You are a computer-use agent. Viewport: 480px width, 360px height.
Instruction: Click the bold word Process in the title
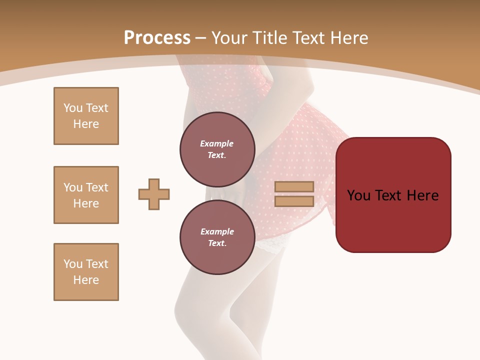click(157, 37)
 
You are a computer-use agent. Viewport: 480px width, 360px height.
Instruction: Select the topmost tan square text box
click(86, 116)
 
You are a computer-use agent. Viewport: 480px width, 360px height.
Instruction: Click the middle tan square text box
click(86, 195)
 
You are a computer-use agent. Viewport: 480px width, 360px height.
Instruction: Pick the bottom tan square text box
click(86, 272)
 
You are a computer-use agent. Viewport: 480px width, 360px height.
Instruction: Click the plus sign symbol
click(154, 194)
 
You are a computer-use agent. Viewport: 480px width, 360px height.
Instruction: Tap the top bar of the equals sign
click(294, 186)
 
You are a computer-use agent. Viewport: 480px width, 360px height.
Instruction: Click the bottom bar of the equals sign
click(294, 201)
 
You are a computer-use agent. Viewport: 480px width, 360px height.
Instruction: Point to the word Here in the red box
click(422, 195)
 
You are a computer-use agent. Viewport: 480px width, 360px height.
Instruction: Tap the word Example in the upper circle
click(217, 143)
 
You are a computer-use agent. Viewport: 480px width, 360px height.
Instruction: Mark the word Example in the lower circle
click(217, 231)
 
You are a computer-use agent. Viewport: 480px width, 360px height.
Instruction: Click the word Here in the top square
click(86, 124)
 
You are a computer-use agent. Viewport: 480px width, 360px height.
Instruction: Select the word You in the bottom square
click(72, 264)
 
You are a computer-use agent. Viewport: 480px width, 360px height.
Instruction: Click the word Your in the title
click(228, 38)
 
